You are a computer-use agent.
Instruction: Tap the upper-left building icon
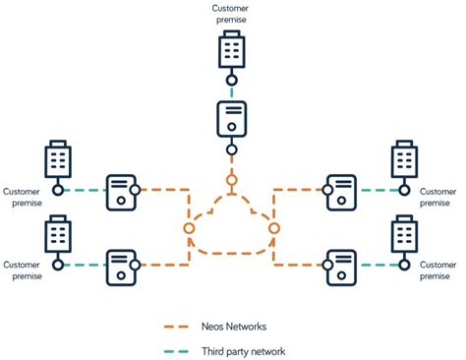(58, 160)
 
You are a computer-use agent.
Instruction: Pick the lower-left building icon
(58, 235)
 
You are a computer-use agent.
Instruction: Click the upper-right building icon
(405, 160)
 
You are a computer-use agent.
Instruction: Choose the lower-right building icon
(405, 235)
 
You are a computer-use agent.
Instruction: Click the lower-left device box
(123, 264)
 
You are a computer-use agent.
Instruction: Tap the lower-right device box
(341, 264)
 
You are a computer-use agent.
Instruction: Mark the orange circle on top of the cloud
(231, 180)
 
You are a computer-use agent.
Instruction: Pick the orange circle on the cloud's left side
(188, 227)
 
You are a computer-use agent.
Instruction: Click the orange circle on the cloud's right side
(274, 227)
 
